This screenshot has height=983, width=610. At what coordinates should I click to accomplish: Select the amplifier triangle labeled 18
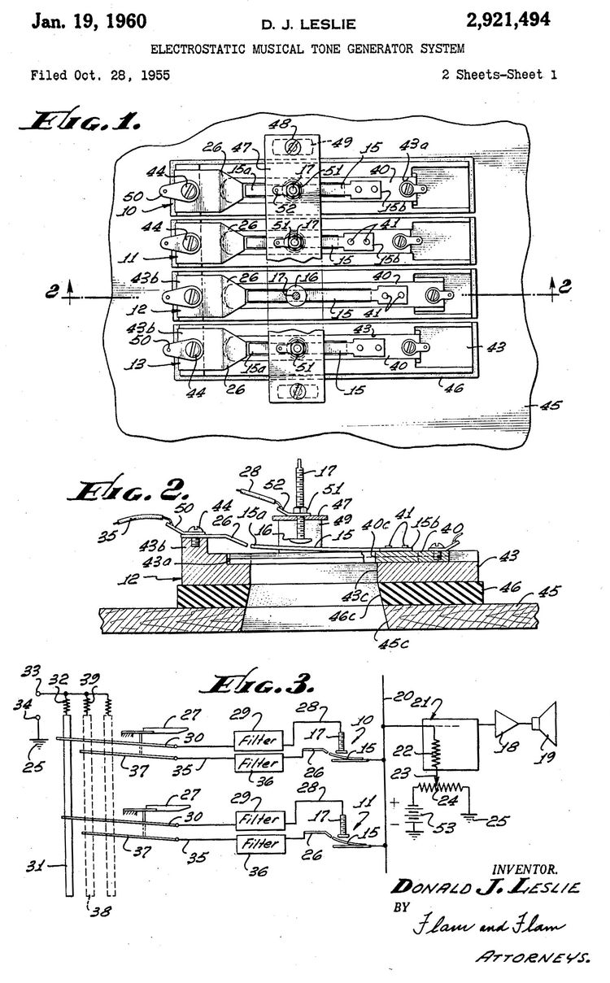point(505,724)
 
